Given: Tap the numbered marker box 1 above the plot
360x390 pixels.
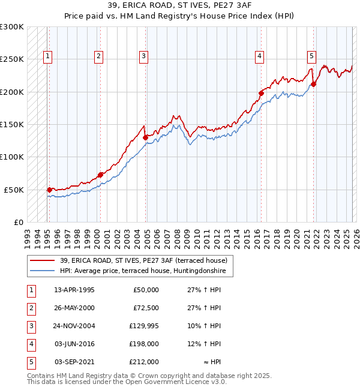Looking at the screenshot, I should pyautogui.click(x=47, y=57).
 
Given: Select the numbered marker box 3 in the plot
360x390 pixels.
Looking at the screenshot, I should pyautogui.click(x=144, y=57).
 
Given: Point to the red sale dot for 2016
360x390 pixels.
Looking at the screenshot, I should pyautogui.click(x=262, y=93).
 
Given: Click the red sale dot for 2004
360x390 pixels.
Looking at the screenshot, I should pyautogui.click(x=146, y=137).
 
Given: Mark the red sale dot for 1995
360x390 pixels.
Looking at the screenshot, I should pyautogui.click(x=49, y=190).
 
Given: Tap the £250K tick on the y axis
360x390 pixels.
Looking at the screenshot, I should pyautogui.click(x=12, y=59).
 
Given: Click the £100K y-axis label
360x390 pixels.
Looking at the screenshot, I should pyautogui.click(x=12, y=157).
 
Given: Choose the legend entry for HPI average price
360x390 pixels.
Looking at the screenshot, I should pyautogui.click(x=142, y=271).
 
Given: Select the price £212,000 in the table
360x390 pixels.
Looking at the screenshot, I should pyautogui.click(x=144, y=362).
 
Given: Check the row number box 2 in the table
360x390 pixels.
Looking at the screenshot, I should pyautogui.click(x=31, y=308).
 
